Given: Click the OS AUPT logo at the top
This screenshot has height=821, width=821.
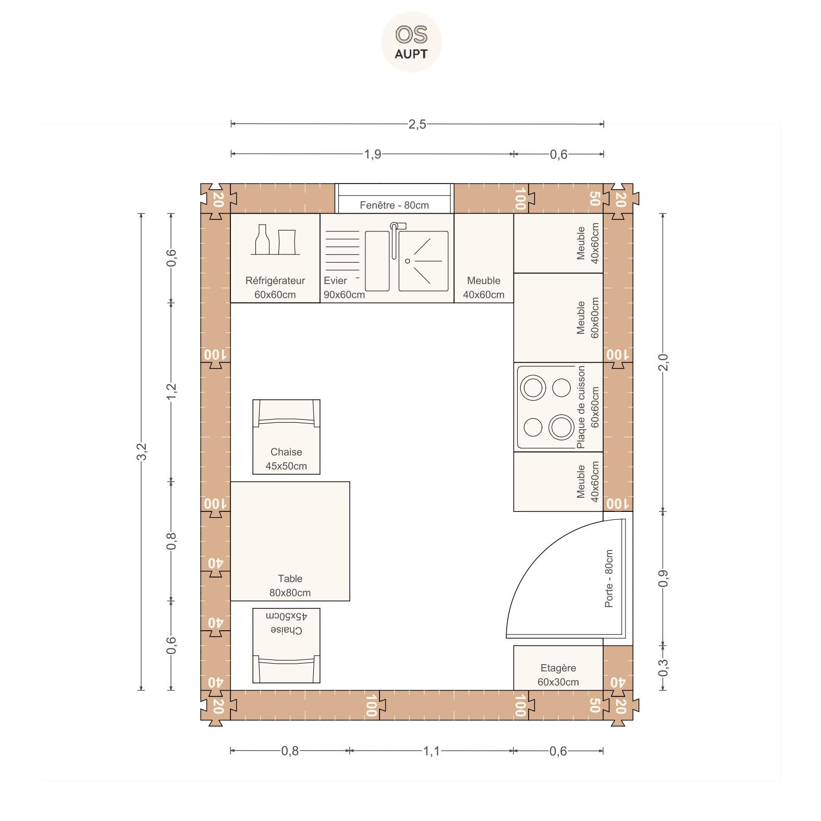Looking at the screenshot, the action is click(411, 42).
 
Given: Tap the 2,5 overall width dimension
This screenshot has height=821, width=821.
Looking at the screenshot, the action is click(417, 124).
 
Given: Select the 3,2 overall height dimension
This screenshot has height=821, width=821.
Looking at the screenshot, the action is click(141, 451).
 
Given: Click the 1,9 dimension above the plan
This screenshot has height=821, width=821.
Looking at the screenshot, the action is click(372, 154).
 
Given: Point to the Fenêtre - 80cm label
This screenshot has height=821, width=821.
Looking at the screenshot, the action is click(394, 205).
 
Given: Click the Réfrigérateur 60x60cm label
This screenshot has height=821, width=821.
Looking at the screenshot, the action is click(275, 287).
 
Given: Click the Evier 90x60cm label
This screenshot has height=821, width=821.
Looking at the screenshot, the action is click(344, 287).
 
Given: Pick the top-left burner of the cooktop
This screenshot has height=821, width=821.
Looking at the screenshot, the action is click(533, 388).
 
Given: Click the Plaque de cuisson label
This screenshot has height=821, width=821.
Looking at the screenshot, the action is click(581, 407).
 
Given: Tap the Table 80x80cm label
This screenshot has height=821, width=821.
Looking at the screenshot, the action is click(290, 585).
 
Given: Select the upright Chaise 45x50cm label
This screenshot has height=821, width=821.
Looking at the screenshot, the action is click(286, 459).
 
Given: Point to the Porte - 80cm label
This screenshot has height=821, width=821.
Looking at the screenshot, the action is click(609, 578).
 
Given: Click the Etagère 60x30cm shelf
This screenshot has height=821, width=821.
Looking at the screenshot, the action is click(558, 668).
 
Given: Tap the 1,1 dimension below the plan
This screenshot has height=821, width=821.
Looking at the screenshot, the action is click(431, 751).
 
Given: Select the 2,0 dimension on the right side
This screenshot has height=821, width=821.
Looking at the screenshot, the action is click(663, 362).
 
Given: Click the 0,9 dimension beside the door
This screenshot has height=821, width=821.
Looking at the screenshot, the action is click(663, 578).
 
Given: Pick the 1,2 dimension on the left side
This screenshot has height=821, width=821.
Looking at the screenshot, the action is click(171, 391).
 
